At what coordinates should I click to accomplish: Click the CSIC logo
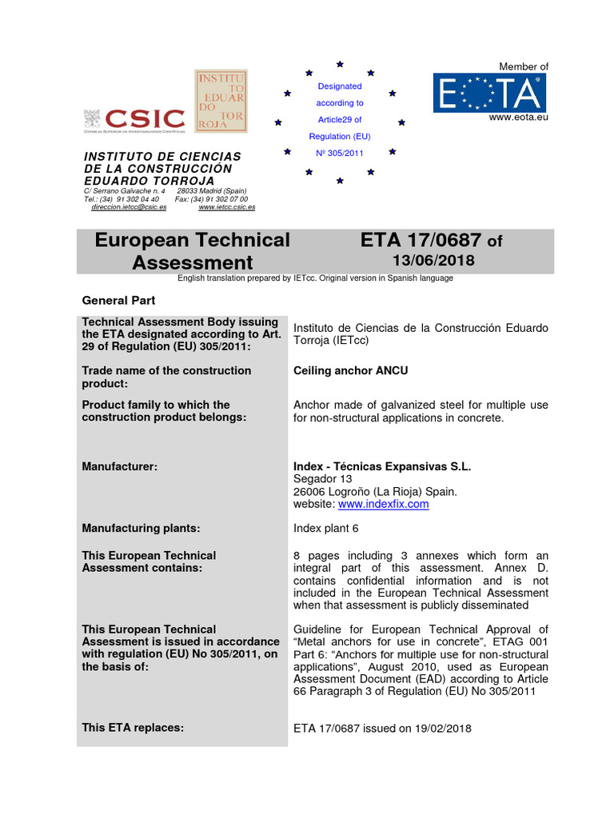[x=134, y=119]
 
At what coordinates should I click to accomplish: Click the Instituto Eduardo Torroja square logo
[x=221, y=101]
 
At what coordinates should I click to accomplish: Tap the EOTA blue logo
[x=490, y=93]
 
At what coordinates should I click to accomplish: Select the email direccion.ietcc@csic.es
[x=129, y=207]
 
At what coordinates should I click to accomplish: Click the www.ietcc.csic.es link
[x=226, y=207]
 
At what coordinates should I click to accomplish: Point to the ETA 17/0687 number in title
[x=421, y=241]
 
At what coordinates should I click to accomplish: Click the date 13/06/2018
[x=433, y=261]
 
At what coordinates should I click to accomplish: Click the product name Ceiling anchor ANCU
[x=351, y=371]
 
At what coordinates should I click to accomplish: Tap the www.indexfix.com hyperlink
[x=383, y=505]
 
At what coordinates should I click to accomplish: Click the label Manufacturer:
[x=119, y=466]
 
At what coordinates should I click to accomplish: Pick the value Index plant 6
[x=326, y=529]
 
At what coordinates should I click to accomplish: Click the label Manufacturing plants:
[x=141, y=529]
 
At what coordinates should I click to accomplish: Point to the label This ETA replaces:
[x=133, y=728]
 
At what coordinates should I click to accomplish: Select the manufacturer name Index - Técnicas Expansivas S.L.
[x=382, y=466]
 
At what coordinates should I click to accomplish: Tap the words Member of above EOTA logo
[x=524, y=67]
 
